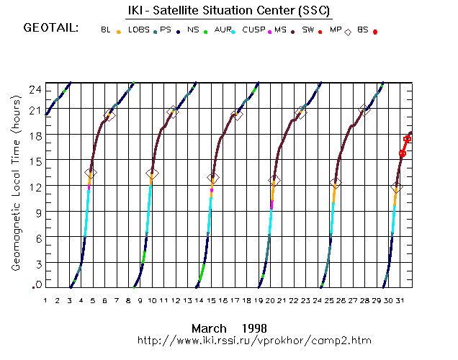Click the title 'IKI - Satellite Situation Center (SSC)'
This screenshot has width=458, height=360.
pyautogui.click(x=228, y=10)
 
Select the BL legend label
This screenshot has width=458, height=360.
pyautogui.click(x=106, y=30)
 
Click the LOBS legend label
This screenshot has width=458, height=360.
pyautogui.click(x=138, y=30)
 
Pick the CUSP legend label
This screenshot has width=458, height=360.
pyautogui.click(x=253, y=30)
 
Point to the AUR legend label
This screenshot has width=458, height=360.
pyautogui.click(x=223, y=30)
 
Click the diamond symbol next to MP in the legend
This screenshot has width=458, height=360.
pyautogui.click(x=349, y=32)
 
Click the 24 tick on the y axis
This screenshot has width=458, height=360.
pyautogui.click(x=33, y=88)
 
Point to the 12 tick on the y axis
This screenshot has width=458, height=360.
pyautogui.click(x=33, y=186)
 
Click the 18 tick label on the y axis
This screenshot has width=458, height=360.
pyautogui.click(x=33, y=135)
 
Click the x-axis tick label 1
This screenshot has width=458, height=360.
pyautogui.click(x=45, y=300)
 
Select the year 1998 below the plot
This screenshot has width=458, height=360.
pyautogui.click(x=256, y=328)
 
